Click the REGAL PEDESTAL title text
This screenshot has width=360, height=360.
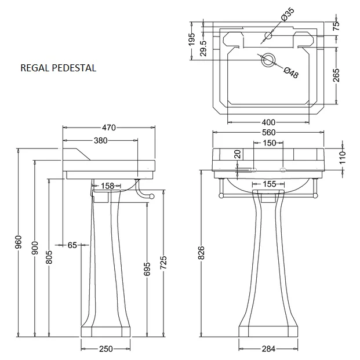tap(58, 68)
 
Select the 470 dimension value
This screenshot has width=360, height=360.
tap(109, 128)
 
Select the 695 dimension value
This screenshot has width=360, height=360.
tap(147, 268)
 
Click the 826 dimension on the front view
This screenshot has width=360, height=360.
tap(201, 253)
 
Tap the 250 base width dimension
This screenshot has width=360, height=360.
tap(106, 348)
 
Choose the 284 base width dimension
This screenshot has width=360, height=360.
tap(268, 348)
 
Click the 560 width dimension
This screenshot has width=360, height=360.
tap(268, 132)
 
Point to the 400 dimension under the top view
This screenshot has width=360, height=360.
tap(268, 122)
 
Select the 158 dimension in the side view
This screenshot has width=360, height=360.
tap(108, 186)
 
